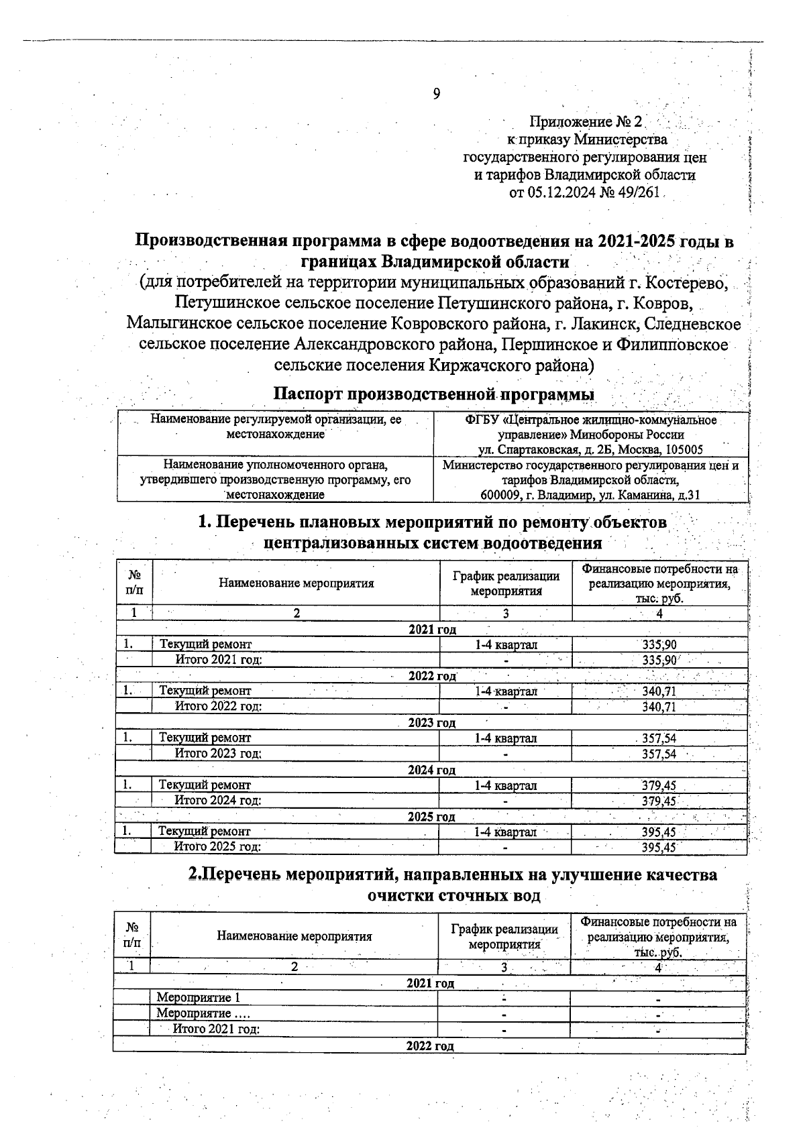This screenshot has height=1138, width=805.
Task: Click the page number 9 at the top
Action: [x=436, y=94]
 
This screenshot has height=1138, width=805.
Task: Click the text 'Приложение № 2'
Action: [x=586, y=122]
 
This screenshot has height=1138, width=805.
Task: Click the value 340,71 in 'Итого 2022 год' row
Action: [x=659, y=707]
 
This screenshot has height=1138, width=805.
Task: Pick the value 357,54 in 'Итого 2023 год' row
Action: [x=659, y=754]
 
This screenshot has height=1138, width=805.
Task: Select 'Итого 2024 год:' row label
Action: [x=217, y=800]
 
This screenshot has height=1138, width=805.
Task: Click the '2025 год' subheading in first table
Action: [x=431, y=816]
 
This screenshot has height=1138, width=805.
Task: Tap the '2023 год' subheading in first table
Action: [x=432, y=722]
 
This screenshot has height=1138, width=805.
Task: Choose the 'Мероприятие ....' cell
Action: [x=203, y=1013]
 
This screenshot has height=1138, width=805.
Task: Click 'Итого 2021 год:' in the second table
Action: [x=216, y=1029]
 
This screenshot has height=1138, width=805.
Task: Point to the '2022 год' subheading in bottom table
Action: [x=430, y=1046]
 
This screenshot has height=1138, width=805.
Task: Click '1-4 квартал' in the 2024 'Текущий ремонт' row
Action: [x=505, y=785]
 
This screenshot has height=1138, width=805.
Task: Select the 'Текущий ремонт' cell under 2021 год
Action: [x=205, y=644]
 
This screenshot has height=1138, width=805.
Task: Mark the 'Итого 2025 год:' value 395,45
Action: [x=659, y=847]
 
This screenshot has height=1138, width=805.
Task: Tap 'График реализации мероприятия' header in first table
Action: [x=506, y=583]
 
